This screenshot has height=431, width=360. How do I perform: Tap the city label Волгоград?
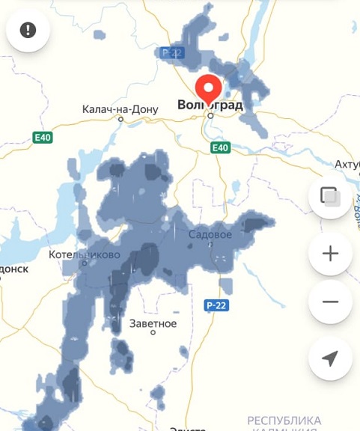(210, 105)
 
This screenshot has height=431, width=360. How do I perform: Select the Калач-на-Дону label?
(120, 109)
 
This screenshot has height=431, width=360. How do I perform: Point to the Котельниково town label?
(84, 254)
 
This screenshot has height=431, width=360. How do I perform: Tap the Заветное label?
(153, 323)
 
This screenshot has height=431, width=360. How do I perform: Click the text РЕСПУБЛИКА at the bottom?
(284, 421)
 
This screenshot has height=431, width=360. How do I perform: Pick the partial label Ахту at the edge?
(347, 164)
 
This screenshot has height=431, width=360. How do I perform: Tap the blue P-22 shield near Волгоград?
(171, 52)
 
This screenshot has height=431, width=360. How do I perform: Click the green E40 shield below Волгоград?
(220, 148)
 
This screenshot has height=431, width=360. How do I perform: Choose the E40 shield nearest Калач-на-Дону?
(43, 138)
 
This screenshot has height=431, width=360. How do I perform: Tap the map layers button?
(330, 196)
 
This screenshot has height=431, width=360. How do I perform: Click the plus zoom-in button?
(330, 254)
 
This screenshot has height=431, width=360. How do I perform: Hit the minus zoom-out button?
(330, 302)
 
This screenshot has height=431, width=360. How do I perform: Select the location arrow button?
(330, 358)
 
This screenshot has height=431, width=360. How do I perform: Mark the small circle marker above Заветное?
(153, 333)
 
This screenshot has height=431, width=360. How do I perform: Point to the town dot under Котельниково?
(85, 263)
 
